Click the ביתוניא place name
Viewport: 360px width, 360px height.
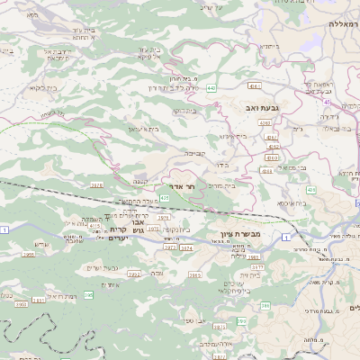coord(271,46)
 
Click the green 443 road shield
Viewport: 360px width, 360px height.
coord(211,88)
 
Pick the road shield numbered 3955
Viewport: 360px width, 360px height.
coord(28,255)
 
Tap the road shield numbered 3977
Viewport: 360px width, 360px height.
coord(256,266)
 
